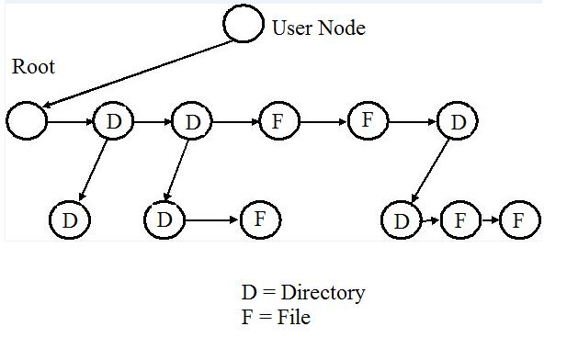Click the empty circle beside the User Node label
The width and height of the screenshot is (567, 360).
pyautogui.click(x=244, y=24)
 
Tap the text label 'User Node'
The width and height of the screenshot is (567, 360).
pyautogui.click(x=318, y=28)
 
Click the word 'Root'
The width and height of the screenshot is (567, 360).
pyautogui.click(x=33, y=67)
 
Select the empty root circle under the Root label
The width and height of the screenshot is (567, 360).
pyautogui.click(x=27, y=120)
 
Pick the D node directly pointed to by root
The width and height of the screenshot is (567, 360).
pyautogui.click(x=113, y=121)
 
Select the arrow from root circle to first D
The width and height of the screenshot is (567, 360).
pyautogui.click(x=70, y=121)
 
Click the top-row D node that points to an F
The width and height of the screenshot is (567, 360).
pyautogui.click(x=192, y=121)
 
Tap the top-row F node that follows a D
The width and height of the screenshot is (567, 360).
pyautogui.click(x=279, y=121)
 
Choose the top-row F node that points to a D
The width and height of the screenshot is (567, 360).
pyautogui.click(x=368, y=120)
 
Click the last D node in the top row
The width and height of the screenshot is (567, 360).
pyautogui.click(x=458, y=121)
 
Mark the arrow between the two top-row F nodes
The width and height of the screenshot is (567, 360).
pyautogui.click(x=323, y=121)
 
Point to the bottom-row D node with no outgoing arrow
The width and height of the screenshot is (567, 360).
pyautogui.click(x=69, y=220)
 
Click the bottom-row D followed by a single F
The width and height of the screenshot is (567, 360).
pyautogui.click(x=164, y=220)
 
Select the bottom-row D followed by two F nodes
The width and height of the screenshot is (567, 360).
pyautogui.click(x=401, y=220)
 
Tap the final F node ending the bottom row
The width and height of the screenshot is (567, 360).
pyautogui.click(x=519, y=220)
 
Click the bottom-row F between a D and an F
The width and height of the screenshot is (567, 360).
pyautogui.click(x=460, y=220)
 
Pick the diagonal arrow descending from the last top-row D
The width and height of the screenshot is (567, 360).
pyautogui.click(x=429, y=171)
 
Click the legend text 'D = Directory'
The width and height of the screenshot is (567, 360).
pyautogui.click(x=302, y=293)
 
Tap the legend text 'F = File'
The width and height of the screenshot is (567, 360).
pyautogui.click(x=276, y=318)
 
